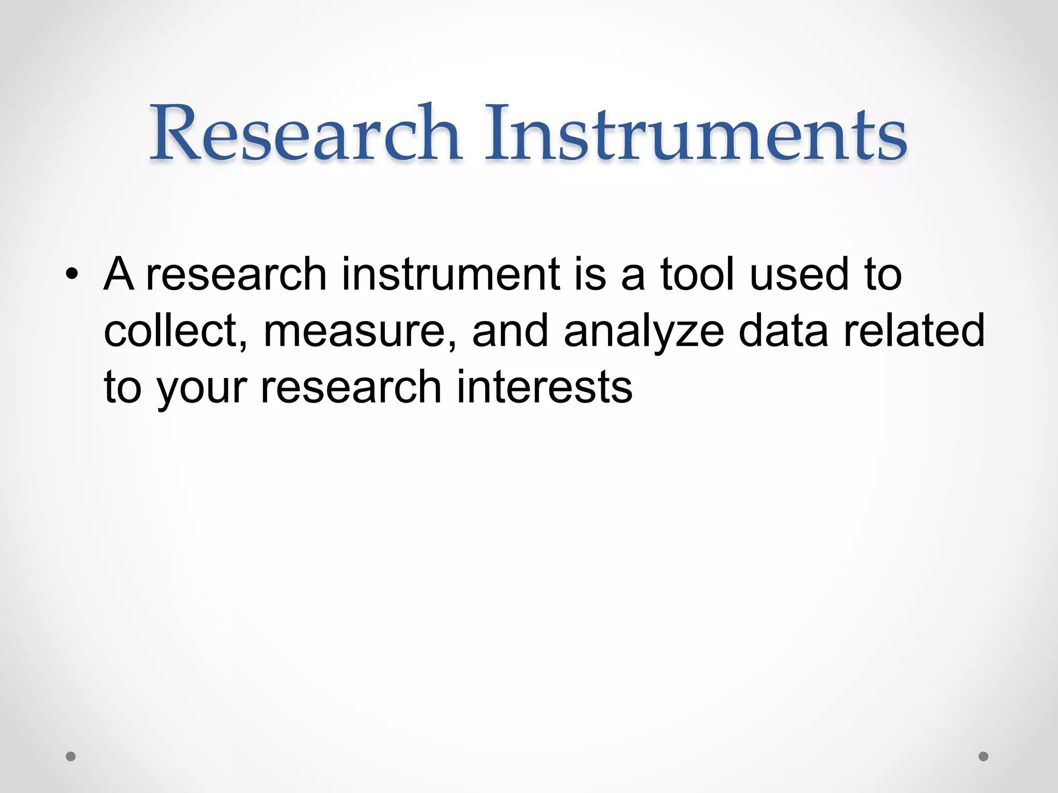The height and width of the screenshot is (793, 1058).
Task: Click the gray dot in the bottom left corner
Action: (71, 756)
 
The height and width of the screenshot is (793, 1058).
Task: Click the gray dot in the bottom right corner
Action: (984, 756)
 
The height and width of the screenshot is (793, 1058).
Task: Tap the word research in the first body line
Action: (237, 275)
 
